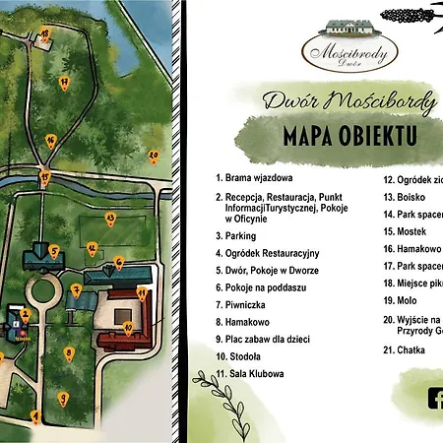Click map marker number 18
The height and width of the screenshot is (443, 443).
click(44, 34)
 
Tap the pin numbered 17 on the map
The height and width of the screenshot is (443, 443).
click(64, 81)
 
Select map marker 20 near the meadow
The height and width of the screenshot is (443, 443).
click(154, 155)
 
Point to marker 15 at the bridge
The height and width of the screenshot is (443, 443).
click(45, 176)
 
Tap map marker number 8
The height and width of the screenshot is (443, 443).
click(68, 352)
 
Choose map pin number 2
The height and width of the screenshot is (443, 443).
click(26, 314)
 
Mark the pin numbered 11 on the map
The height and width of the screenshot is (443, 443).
click(142, 292)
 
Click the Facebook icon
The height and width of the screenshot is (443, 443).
click(434, 399)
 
